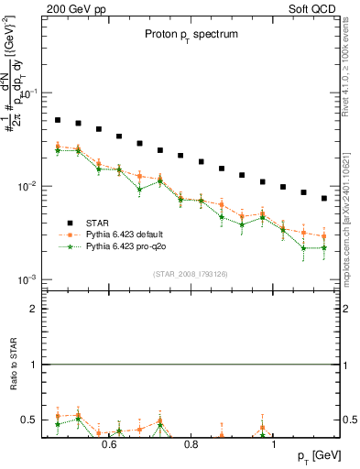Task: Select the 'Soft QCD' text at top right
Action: (305, 7)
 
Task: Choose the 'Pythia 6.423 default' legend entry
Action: (124, 234)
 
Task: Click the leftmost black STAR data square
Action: (57, 120)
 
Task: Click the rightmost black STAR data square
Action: (324, 198)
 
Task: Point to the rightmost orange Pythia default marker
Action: (324, 236)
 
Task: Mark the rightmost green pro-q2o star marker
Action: (324, 247)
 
